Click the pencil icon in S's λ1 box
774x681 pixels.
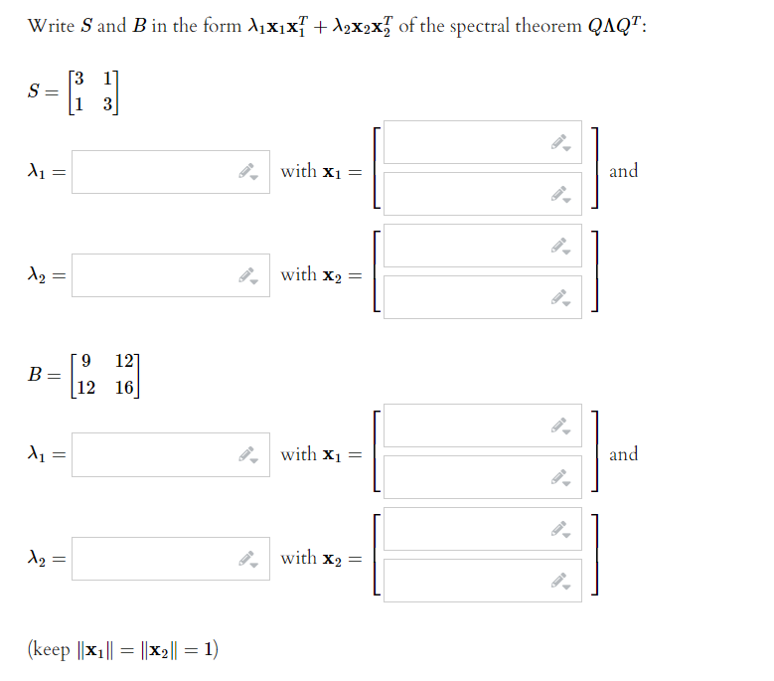[x=247, y=172]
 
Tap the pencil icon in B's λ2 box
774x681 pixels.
[x=247, y=559]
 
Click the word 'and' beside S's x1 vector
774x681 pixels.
[x=623, y=171]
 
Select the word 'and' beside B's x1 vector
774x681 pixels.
[x=623, y=454]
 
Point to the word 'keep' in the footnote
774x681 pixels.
[x=51, y=650]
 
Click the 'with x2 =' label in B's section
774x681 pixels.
[x=320, y=558]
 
